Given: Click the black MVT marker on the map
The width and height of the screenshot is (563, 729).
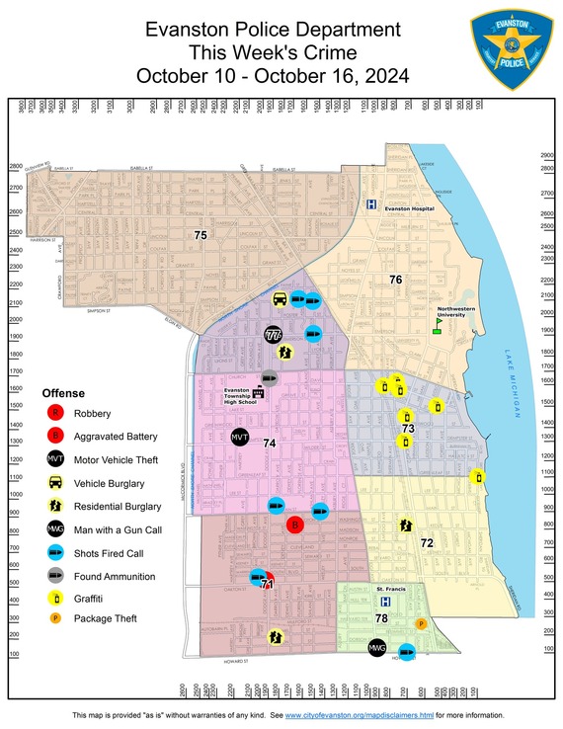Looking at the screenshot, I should pos(239,437).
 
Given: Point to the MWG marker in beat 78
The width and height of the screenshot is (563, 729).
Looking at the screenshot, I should pos(375,648).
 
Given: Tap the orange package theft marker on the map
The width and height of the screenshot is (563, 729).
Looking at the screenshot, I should pos(421,623).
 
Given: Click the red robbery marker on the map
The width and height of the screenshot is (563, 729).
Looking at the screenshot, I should pos(293,526).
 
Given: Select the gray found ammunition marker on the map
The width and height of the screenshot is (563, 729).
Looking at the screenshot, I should pos(268,376).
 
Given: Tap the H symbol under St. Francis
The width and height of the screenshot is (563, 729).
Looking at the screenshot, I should pos(386,601).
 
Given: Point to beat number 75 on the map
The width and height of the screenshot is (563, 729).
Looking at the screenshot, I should pos(201,235).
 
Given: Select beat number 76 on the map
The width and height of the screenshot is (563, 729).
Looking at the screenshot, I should pos(395,281).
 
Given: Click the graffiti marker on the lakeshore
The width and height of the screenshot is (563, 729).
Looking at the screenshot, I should pos(478,476).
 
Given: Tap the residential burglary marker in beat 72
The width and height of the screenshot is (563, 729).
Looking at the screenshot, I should pos(405,526).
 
